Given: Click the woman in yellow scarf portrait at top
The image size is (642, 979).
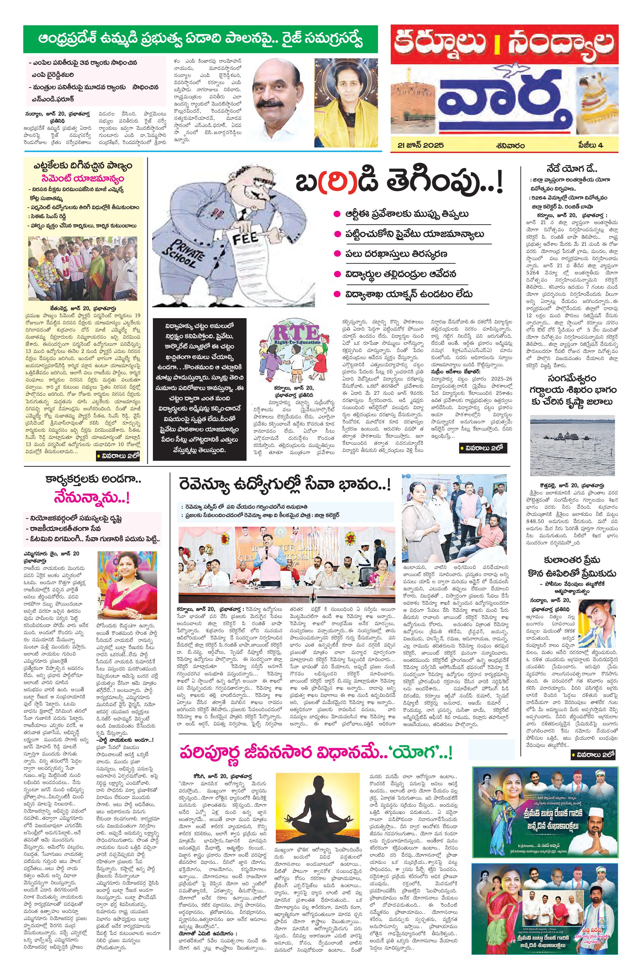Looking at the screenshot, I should (x=346, y=103).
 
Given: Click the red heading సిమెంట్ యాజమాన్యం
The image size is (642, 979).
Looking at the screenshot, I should (x=82, y=179).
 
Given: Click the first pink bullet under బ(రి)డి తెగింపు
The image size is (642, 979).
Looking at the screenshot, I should (x=337, y=214).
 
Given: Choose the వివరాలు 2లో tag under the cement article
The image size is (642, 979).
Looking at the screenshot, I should (x=118, y=455).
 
